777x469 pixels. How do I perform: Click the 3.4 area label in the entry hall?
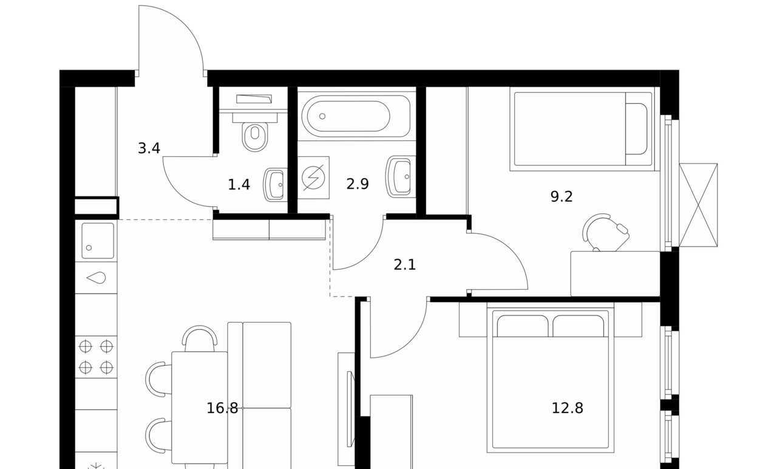[x=149, y=149]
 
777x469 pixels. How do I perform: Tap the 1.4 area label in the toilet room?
[x=239, y=185]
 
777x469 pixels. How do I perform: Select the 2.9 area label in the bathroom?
[x=358, y=184]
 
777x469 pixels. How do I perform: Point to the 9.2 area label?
[x=562, y=197]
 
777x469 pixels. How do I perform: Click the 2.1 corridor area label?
[x=404, y=265]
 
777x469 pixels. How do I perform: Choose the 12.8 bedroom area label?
[x=567, y=408]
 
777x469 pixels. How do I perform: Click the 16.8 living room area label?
[x=222, y=408]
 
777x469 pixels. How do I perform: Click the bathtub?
[x=356, y=116]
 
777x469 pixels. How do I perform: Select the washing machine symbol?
[x=313, y=178]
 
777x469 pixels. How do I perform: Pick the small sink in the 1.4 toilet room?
[x=275, y=185]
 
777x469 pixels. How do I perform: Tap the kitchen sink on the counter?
[x=98, y=241]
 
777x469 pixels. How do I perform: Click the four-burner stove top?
[x=96, y=357]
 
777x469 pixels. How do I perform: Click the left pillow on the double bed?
[x=523, y=326]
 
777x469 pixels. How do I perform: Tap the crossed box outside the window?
[x=698, y=205]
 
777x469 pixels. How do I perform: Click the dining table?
[x=200, y=408]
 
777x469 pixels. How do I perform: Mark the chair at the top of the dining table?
[x=200, y=338]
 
